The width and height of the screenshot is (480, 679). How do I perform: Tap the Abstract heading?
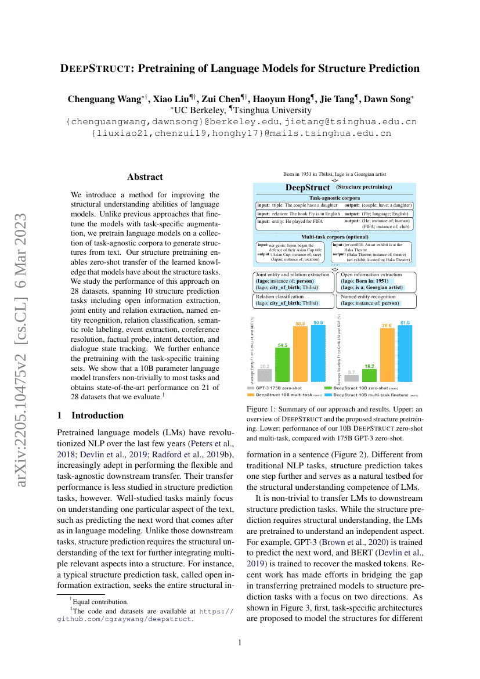[145, 177]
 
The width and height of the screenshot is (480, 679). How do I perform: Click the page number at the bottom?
[240, 642]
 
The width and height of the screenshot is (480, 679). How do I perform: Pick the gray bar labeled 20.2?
[264, 376]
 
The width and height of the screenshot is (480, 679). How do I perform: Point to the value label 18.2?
[369, 366]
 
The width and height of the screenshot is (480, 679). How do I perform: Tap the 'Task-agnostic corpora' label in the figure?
[334, 198]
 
